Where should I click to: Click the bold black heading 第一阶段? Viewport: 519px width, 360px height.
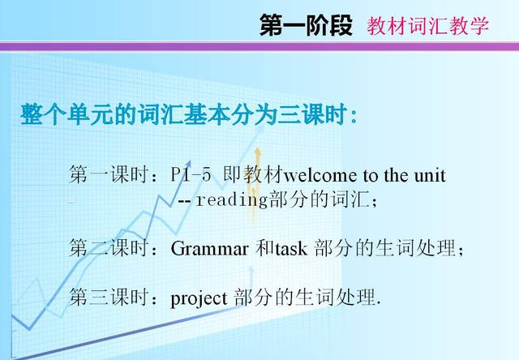[x=306, y=25]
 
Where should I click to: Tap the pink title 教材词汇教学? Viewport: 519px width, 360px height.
[x=427, y=25]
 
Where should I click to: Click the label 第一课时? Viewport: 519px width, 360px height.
[x=108, y=174]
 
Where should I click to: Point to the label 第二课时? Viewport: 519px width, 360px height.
[x=108, y=247]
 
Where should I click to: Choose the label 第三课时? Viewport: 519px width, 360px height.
[x=108, y=297]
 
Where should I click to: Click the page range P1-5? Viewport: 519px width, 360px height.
[x=191, y=174]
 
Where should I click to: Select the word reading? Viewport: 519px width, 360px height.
[x=232, y=200]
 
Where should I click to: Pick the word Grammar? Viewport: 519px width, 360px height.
[x=209, y=248]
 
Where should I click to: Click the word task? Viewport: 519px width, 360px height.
[x=291, y=249]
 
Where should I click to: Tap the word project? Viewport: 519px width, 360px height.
[x=199, y=299]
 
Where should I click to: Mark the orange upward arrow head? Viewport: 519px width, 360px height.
[x=257, y=152]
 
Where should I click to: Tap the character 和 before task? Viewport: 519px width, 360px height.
[x=264, y=247]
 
